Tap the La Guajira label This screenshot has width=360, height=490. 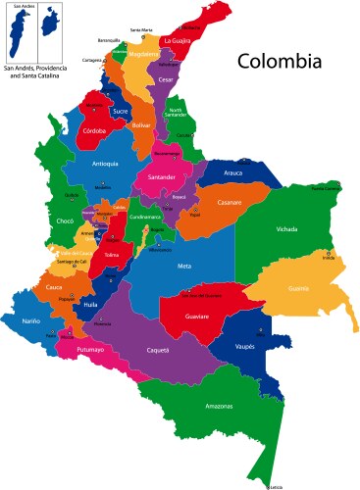[x=178, y=41]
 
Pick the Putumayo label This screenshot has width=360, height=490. [x=89, y=348]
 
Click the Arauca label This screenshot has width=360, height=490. [x=232, y=172]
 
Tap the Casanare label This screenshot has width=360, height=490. [x=230, y=203]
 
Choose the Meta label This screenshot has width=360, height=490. [x=184, y=266]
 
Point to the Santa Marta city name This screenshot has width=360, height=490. [x=141, y=30]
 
